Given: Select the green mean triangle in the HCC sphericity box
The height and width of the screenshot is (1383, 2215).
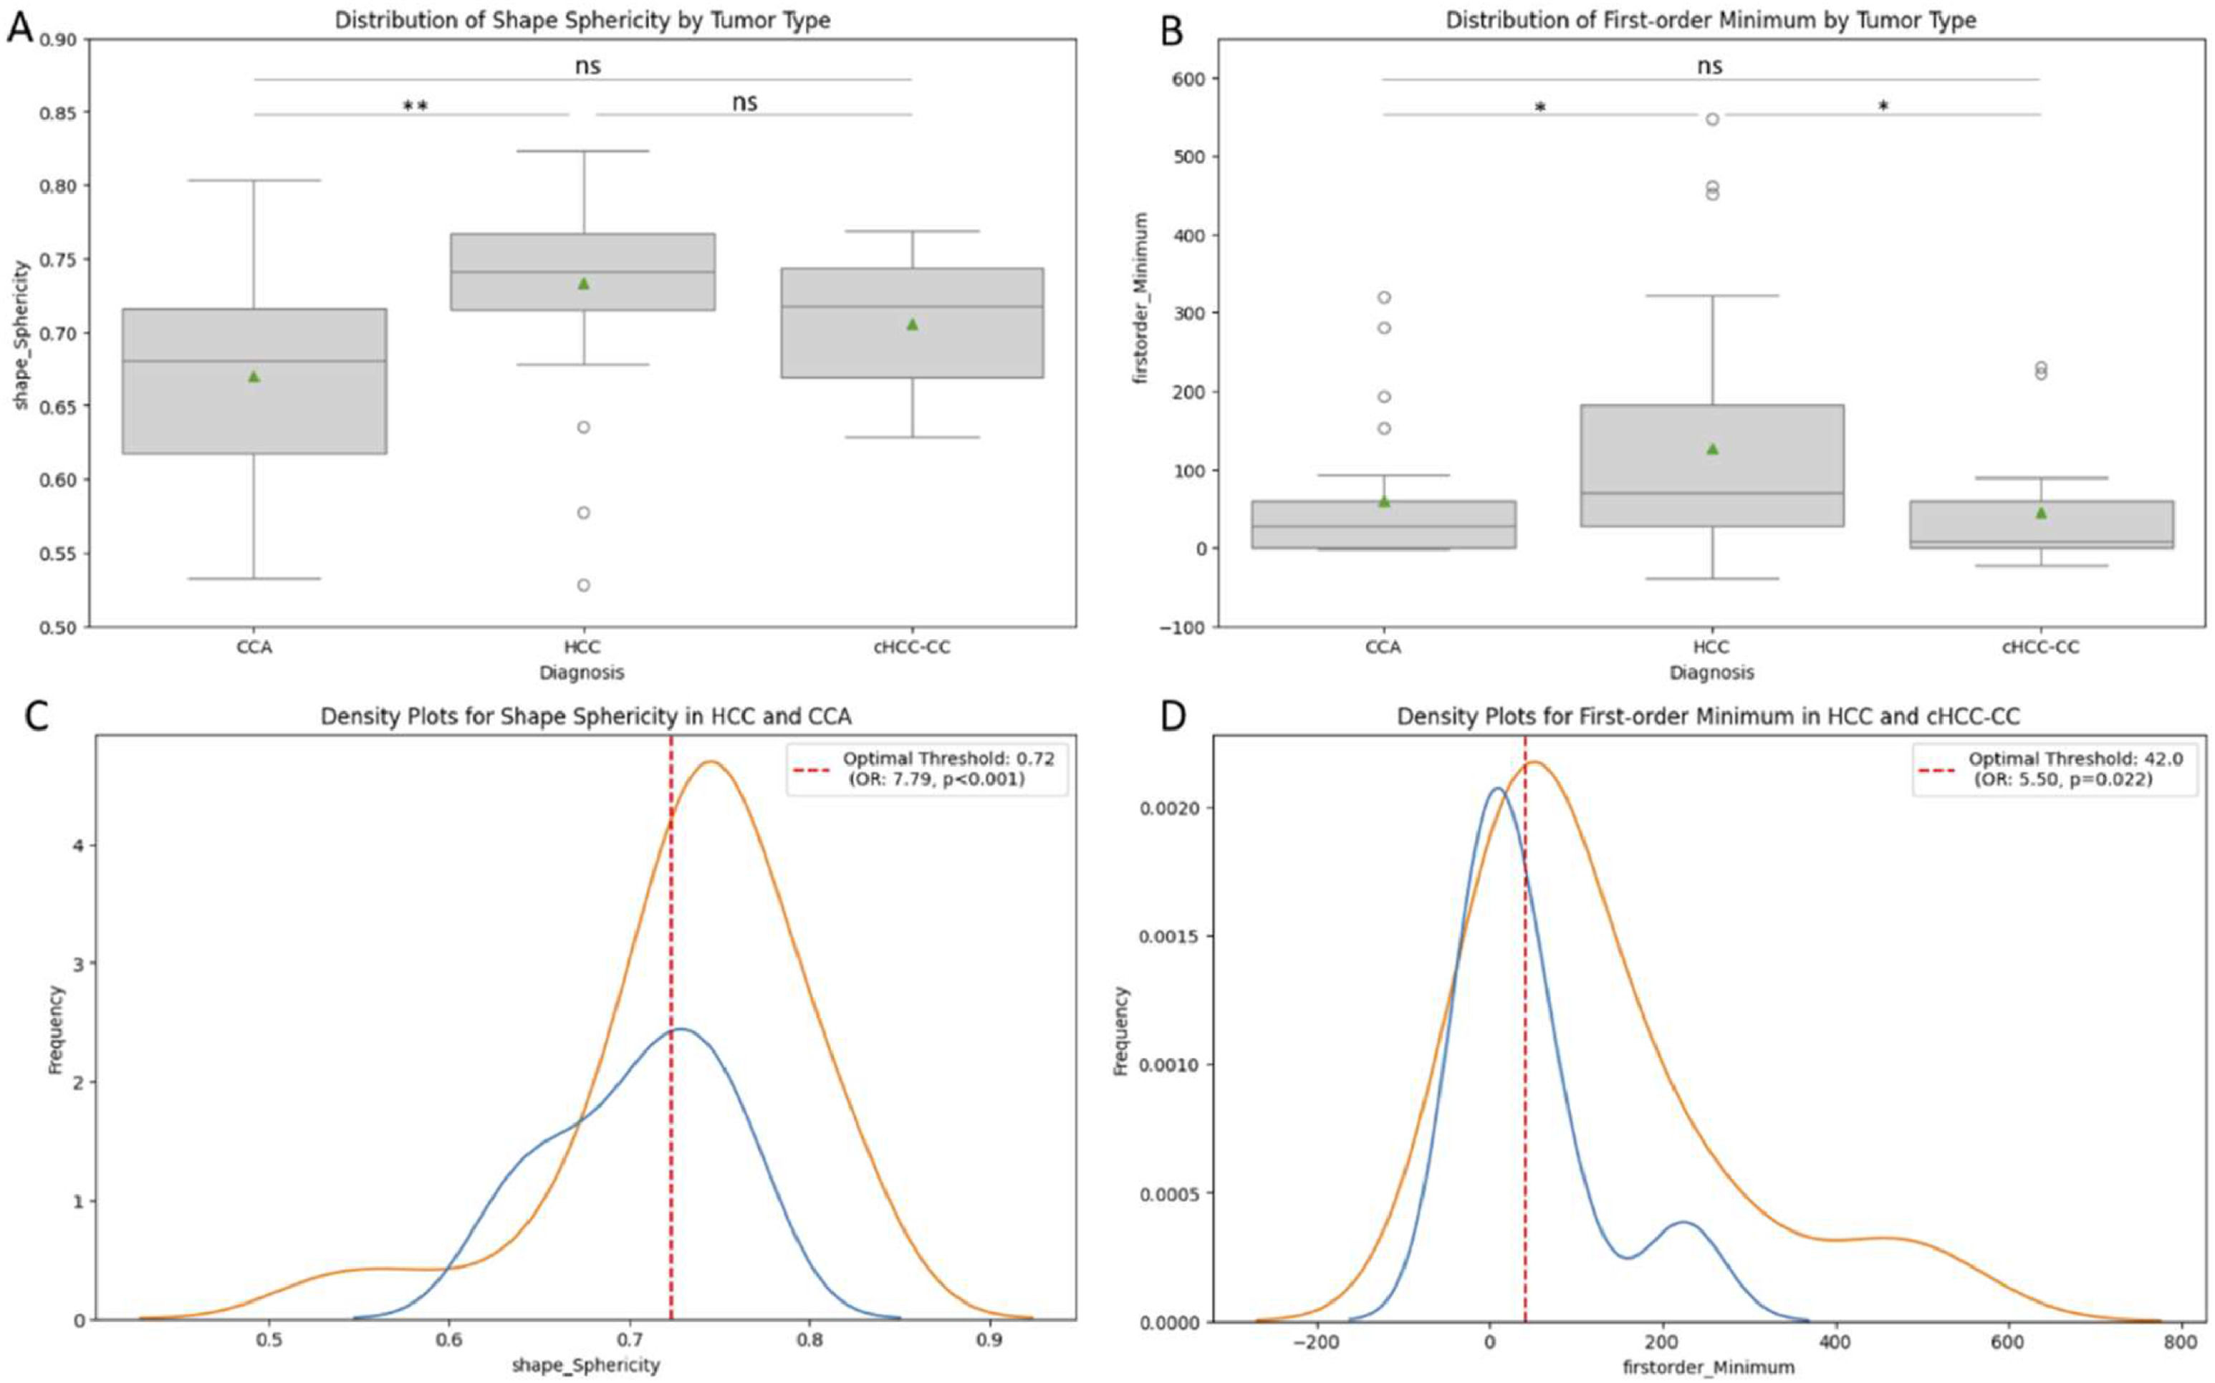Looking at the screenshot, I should click(584, 284).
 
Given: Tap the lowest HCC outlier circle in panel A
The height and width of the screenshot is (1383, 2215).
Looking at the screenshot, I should click(584, 585).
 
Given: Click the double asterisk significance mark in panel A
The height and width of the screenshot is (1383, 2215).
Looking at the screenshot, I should click(416, 106).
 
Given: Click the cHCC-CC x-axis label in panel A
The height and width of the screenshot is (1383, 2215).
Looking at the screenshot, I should click(911, 647).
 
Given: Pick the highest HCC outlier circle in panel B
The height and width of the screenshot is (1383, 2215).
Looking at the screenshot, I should click(1712, 119).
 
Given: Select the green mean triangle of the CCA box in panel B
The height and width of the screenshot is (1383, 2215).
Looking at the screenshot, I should click(1383, 501).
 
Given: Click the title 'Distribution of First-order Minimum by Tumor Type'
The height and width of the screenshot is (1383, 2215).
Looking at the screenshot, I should click(1710, 20).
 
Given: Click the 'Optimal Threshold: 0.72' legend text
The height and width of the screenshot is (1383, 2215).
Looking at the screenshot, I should click(948, 759).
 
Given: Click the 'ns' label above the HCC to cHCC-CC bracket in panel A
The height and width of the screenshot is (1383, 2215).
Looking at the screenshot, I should click(745, 102).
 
